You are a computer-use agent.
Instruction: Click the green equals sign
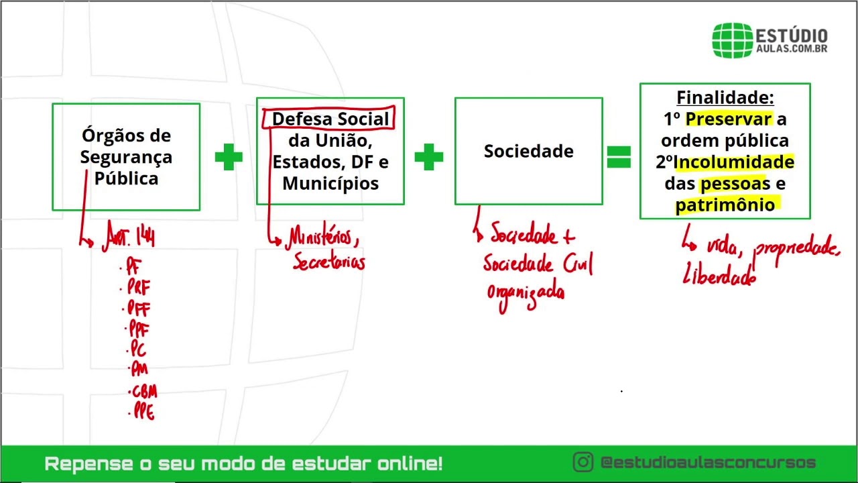619,157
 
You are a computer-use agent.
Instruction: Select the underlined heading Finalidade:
725,98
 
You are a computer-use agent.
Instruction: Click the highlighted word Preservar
729,119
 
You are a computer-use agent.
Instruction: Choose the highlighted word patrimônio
725,205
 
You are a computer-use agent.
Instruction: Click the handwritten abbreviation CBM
144,391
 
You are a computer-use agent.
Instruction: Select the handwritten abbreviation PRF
139,288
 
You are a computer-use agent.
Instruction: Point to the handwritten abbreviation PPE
143,412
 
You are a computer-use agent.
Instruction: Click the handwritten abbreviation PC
138,349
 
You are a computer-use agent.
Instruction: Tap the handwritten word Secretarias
329,262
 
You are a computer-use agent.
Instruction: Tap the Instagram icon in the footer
583,462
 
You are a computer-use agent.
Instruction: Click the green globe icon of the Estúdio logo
732,40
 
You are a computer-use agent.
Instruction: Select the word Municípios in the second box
330,184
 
